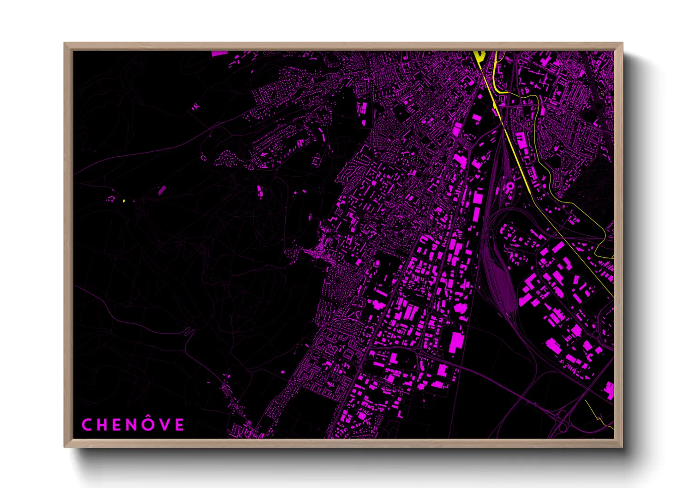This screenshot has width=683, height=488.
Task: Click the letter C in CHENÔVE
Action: [x=86, y=425]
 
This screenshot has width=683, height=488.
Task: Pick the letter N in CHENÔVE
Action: [x=132, y=425]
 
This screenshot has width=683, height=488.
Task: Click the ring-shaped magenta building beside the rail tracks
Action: [x=510, y=186]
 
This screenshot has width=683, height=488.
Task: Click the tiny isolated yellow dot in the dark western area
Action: [x=124, y=201]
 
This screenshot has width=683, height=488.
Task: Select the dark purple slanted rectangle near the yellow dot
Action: [x=162, y=190]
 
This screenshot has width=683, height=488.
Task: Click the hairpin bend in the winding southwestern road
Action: [x=189, y=331]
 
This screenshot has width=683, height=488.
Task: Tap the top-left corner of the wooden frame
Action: [x=65, y=43]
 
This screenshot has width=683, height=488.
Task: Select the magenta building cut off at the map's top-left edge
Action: [x=220, y=54]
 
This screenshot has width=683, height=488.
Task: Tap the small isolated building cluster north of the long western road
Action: [x=196, y=107]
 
